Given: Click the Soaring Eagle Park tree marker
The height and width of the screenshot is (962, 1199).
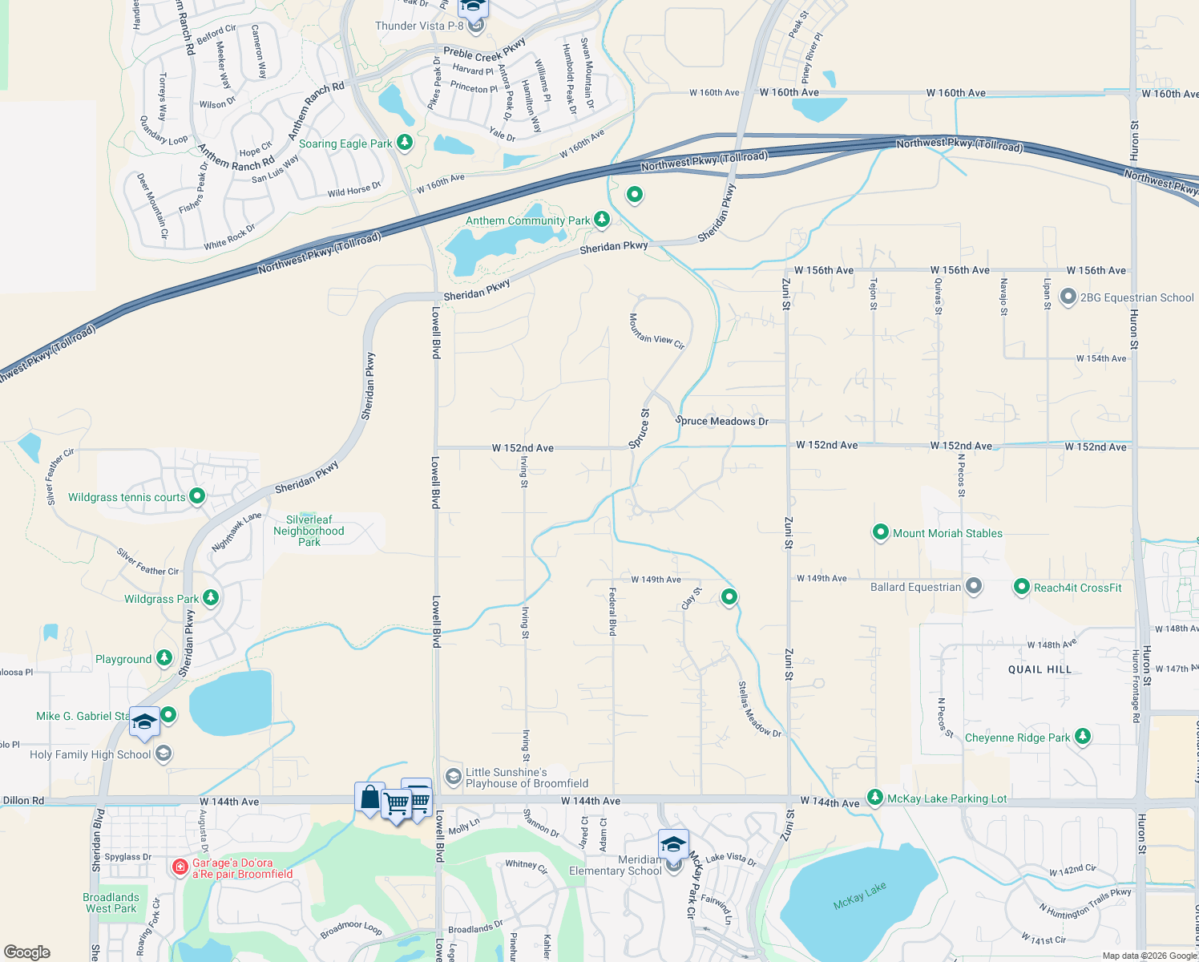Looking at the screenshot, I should [405, 143].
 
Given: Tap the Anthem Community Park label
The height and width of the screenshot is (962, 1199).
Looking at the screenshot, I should [527, 220].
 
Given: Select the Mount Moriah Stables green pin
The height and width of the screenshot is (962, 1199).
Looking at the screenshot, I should [880, 532].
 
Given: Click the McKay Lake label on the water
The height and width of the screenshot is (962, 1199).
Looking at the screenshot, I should [859, 895].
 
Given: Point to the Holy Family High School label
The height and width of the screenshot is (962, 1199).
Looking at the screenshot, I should [90, 754].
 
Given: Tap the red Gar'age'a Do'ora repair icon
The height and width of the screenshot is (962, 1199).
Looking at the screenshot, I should [180, 867].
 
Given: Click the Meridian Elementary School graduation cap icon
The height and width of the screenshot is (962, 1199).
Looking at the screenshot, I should [673, 845].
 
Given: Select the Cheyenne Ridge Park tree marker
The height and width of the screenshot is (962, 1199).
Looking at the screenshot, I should [1082, 737].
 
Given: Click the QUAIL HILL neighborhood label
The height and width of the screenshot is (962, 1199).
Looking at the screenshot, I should [1040, 669].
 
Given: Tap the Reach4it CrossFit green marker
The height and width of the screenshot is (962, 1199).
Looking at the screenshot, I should [1021, 588].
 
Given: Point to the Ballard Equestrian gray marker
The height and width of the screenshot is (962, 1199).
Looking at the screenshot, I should [973, 587].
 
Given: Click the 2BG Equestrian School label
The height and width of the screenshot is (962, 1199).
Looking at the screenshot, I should [1136, 297].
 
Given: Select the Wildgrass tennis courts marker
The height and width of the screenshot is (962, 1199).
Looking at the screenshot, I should [196, 497].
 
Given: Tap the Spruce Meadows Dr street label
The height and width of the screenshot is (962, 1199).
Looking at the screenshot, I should [721, 421].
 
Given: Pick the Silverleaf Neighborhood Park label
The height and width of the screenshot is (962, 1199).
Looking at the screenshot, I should [309, 531].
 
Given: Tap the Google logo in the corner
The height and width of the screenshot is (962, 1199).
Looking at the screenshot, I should [26, 952].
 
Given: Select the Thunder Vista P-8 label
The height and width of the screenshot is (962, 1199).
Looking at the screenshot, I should [419, 26].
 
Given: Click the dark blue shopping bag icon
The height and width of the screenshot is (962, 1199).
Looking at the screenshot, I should [369, 798].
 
